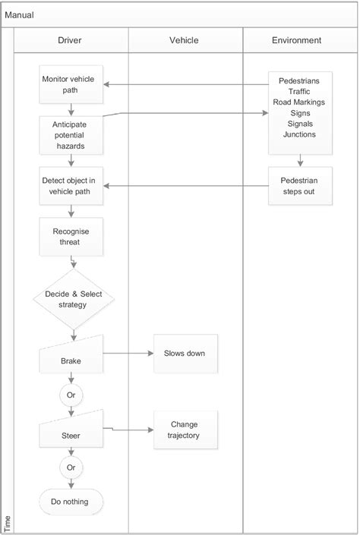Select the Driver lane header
[70, 40]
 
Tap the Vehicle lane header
[185, 40]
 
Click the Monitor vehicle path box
[71, 84]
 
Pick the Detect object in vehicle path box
[71, 186]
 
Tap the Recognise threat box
[71, 236]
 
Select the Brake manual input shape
[71, 355]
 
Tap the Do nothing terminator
[71, 502]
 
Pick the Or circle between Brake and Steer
[71, 395]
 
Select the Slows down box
[185, 353]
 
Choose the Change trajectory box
[185, 430]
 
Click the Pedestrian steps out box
[300, 186]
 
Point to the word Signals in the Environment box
[300, 123]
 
